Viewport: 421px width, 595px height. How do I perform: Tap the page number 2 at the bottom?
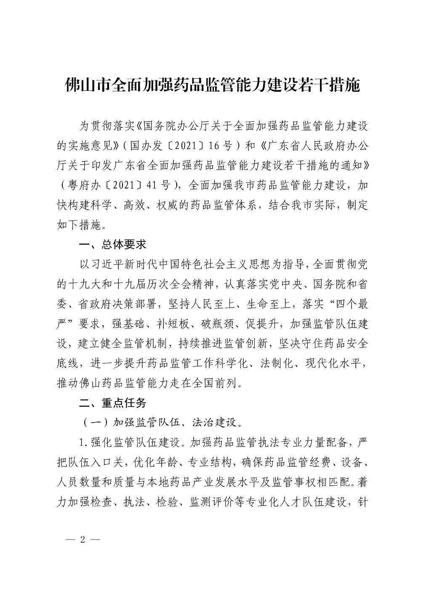[83, 539]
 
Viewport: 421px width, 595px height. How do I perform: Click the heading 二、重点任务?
[113, 403]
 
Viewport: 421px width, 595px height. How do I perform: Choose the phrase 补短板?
[169, 324]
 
